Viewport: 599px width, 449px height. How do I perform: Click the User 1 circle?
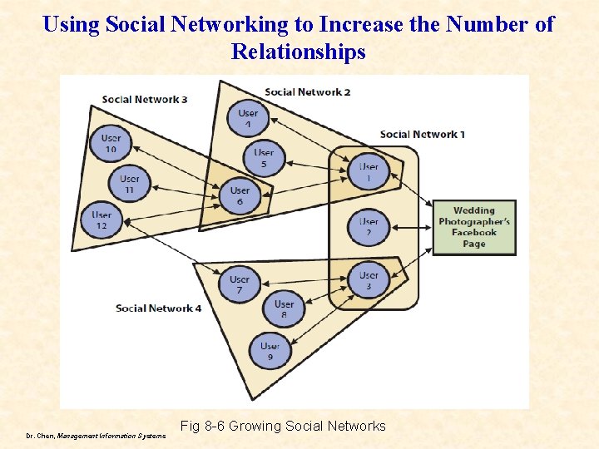[x=369, y=172]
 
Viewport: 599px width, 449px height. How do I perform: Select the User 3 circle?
[x=369, y=280]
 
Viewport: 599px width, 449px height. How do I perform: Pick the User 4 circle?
[x=248, y=118]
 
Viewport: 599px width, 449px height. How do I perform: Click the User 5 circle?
[x=264, y=158]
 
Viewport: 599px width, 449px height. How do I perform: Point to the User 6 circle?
[x=240, y=195]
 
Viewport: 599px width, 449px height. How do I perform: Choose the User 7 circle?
[x=240, y=284]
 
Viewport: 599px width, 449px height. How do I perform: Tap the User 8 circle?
[x=284, y=309]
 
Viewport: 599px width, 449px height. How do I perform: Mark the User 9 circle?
[x=270, y=351]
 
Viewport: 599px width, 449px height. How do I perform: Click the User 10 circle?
[x=111, y=143]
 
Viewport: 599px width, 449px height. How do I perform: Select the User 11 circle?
[x=129, y=184]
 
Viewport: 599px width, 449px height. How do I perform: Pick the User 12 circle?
[x=101, y=220]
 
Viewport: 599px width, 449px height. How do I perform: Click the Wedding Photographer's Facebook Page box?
[x=473, y=227]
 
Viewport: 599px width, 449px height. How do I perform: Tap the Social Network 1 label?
[x=423, y=134]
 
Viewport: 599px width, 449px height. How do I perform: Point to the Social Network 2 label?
[x=307, y=91]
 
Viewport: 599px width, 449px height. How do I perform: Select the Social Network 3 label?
[x=145, y=100]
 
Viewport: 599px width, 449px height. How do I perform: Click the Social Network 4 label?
[x=159, y=308]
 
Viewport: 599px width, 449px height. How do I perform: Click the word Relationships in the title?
[x=299, y=52]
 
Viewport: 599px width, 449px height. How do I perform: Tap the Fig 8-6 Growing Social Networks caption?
[x=283, y=426]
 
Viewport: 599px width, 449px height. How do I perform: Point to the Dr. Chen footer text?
[x=95, y=434]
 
